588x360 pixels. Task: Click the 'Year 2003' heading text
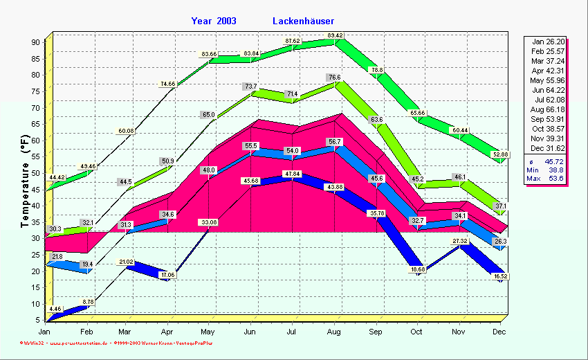[214, 21]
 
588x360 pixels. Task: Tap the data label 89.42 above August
[336, 35]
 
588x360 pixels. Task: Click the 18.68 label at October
[417, 269]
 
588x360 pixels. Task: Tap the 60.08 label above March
[127, 131]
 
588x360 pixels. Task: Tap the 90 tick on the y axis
[36, 42]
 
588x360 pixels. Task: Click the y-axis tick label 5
[38, 320]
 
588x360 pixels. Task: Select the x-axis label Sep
[375, 332]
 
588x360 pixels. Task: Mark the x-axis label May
[210, 332]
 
